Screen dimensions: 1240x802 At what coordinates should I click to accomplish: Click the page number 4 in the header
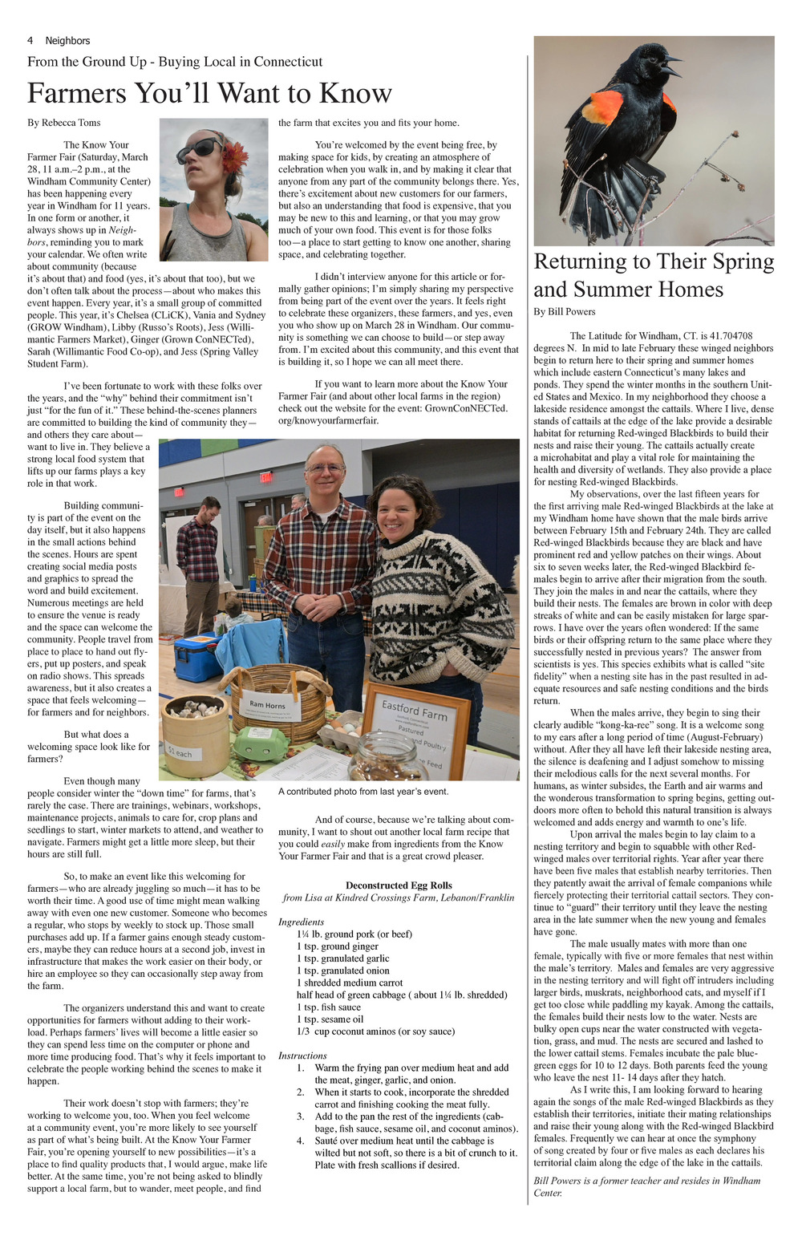[x=30, y=41]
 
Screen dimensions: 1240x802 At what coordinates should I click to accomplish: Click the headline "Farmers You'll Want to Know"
[x=209, y=93]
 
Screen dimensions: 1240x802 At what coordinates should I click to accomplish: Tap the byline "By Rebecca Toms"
[x=64, y=123]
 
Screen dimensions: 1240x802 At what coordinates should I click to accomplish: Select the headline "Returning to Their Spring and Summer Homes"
[x=654, y=275]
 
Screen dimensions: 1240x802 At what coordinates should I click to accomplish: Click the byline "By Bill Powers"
[x=565, y=311]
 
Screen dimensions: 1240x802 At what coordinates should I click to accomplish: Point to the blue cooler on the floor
[x=194, y=656]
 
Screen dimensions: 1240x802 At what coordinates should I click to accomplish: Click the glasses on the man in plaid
[x=326, y=468]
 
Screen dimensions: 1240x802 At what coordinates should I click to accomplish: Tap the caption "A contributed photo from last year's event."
[x=363, y=792]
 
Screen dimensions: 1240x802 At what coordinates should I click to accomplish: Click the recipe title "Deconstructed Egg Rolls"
[x=399, y=885]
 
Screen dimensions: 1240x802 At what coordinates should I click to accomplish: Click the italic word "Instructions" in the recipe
[x=302, y=1056]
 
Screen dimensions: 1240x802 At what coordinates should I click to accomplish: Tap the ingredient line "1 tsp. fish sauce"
[x=329, y=1007]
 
